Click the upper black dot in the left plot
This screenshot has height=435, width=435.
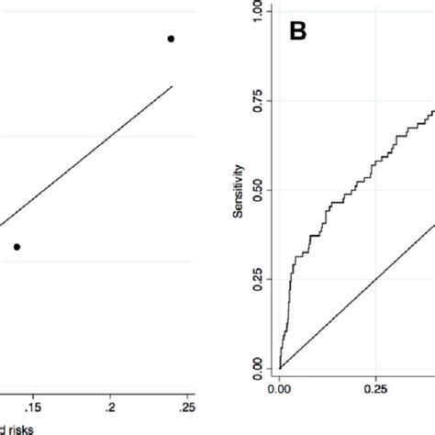click(x=171, y=39)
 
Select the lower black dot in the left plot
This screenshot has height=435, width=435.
click(x=17, y=246)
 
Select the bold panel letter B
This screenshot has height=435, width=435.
click(x=297, y=32)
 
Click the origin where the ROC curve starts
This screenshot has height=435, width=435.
click(x=280, y=368)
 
